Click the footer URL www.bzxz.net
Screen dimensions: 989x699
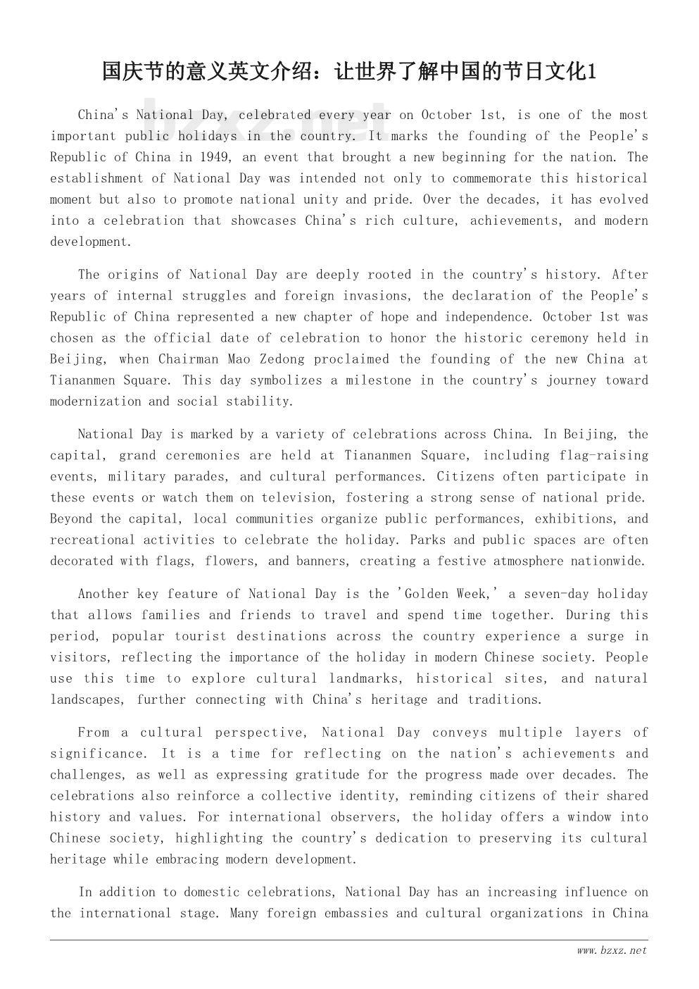coord(611,950)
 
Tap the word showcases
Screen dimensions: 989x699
coord(265,220)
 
